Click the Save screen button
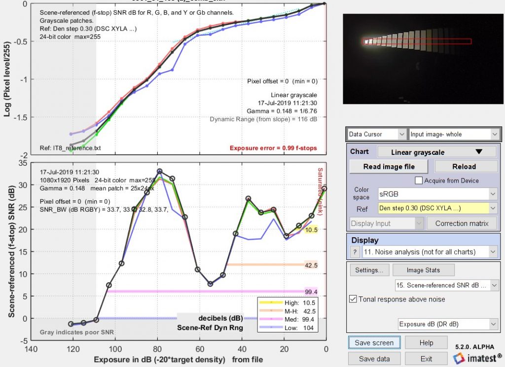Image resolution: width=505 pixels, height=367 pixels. tap(374, 342)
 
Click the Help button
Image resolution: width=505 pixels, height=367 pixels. tap(426, 342)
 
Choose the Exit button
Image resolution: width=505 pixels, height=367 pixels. tap(426, 359)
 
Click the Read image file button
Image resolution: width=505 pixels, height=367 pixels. tap(389, 166)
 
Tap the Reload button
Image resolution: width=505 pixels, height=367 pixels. tap(464, 166)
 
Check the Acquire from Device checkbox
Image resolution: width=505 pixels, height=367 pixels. tap(419, 181)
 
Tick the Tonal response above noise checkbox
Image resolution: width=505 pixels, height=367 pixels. tap(353, 298)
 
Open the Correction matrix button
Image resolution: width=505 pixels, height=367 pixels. tap(465, 223)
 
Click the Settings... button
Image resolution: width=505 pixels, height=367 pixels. tap(369, 270)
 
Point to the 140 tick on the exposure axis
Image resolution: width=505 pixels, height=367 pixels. tap(31, 349)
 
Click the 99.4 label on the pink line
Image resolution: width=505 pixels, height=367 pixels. tap(311, 292)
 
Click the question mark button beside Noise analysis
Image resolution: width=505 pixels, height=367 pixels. tap(354, 252)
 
